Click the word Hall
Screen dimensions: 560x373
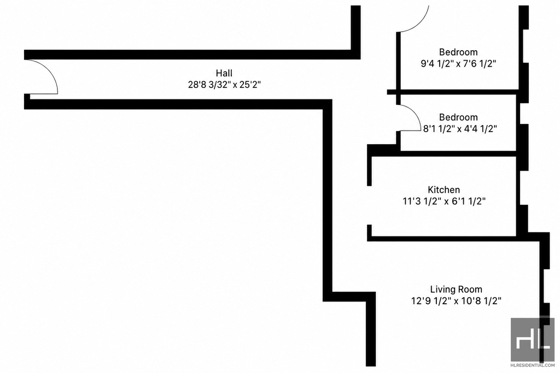224,73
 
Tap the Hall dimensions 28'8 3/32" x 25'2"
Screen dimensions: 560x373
224,85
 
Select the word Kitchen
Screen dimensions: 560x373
444,190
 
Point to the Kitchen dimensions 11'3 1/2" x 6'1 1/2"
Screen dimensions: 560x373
444,201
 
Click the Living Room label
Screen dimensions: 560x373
456,289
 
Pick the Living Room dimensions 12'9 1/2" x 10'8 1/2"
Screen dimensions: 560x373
456,301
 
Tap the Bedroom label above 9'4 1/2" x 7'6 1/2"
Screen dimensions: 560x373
458,52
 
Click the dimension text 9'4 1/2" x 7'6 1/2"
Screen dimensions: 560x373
458,64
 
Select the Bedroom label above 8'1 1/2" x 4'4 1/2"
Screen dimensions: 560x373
458,117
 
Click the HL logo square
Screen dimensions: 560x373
532,340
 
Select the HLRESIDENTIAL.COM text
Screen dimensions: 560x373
532,365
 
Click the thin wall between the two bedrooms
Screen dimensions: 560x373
453,92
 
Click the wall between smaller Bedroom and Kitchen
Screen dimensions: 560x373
458,153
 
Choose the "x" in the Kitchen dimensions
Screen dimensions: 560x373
446,202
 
